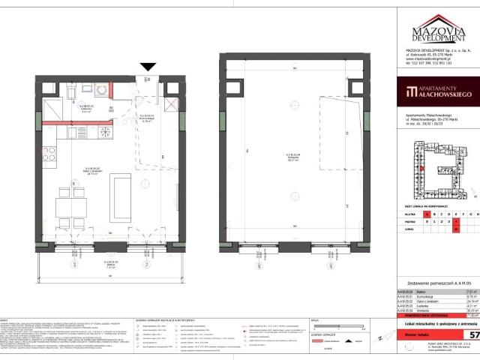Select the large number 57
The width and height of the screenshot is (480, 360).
coord(472,332)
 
